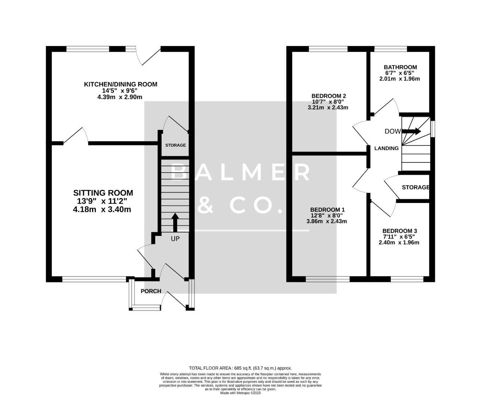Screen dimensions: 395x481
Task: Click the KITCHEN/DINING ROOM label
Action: coord(121,84)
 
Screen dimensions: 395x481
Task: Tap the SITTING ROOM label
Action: coord(103,193)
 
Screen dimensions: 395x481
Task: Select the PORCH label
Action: coord(151,291)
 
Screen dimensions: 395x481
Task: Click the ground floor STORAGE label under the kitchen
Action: coord(175,145)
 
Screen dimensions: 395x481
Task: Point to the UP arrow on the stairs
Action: coord(175,222)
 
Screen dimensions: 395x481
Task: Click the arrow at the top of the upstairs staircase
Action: coord(413,131)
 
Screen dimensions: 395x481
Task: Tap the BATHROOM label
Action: coord(400,67)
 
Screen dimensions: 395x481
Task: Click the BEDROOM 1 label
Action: coord(327,210)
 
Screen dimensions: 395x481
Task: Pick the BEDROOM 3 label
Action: coord(399,231)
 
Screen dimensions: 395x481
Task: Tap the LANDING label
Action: coord(386,148)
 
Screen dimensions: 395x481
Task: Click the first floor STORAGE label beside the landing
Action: coord(415,187)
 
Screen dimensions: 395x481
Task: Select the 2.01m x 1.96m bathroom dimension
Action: coord(399,79)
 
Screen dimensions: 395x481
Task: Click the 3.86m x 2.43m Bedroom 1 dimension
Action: coord(326,221)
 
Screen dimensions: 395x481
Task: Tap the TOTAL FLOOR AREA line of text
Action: coord(240,368)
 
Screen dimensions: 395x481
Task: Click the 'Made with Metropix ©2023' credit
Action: coord(240,393)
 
